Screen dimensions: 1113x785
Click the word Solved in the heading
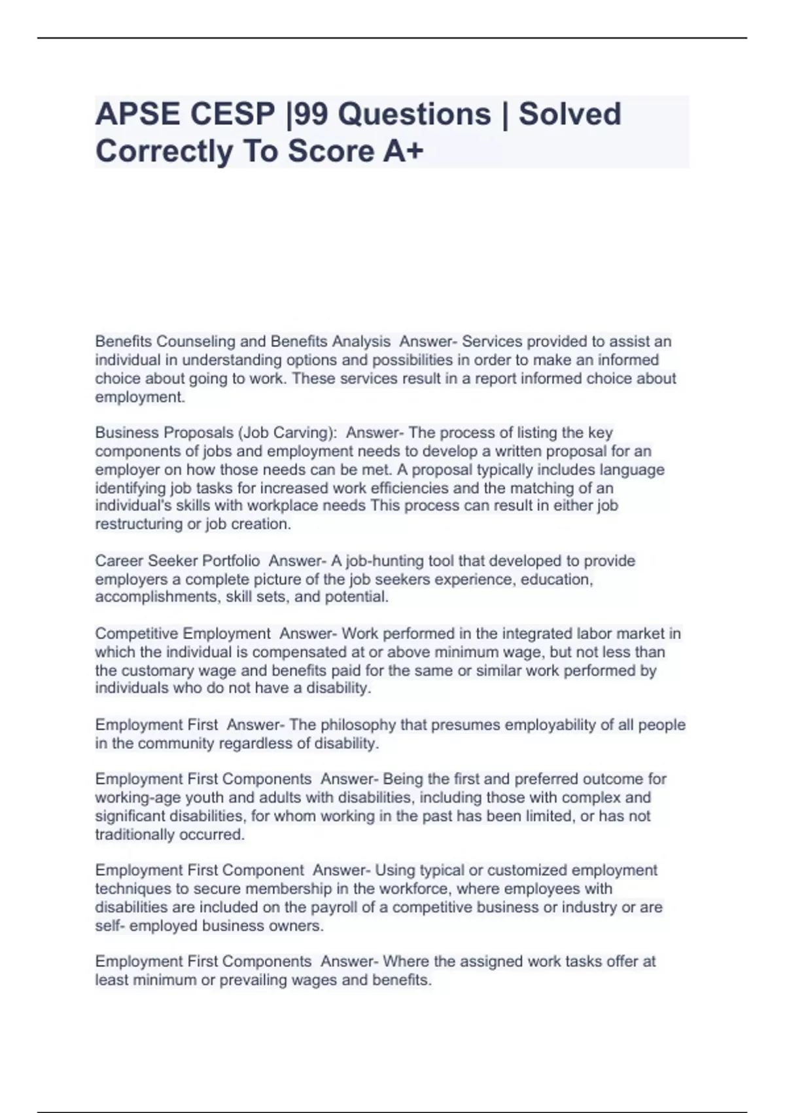coord(570,114)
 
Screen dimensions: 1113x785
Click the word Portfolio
coord(231,561)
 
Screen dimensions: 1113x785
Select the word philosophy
coord(358,725)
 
